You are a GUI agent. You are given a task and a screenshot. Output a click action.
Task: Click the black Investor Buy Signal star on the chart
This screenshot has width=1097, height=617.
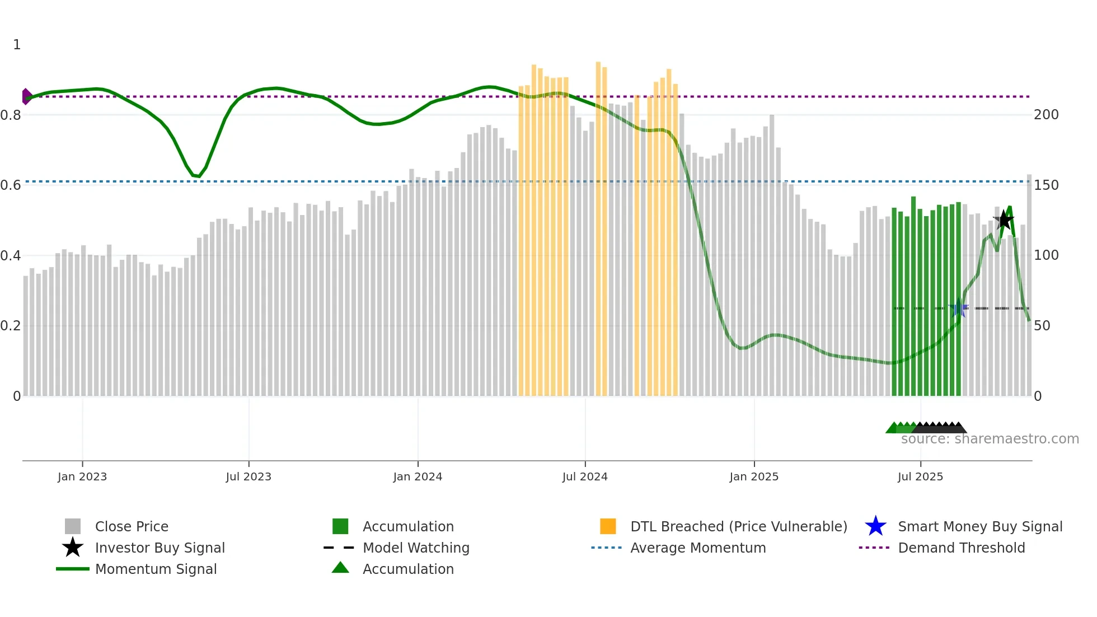coord(1004,220)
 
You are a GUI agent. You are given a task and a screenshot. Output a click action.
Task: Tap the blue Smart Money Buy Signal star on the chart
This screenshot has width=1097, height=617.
coord(959,308)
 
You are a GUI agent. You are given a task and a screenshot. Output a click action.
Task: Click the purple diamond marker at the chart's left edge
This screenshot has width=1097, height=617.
coord(26,96)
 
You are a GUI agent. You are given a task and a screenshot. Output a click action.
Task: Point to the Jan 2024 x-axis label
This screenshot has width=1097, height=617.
coord(418,476)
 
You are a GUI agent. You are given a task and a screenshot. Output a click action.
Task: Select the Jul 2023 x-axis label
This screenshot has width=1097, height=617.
coord(249,476)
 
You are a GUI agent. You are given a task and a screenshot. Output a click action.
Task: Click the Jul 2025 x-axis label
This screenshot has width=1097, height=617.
coord(920,476)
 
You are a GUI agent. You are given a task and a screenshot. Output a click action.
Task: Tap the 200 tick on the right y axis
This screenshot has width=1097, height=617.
coord(1046,115)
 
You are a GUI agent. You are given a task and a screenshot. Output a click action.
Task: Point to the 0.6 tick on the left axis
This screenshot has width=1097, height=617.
coord(11,185)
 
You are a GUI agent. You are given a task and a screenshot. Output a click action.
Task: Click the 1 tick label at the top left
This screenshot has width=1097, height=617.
coord(17,45)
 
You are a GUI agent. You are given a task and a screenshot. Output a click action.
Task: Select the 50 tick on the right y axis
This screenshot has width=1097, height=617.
coord(1042,326)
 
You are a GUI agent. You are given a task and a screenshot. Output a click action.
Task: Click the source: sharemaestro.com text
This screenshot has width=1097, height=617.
coord(990,439)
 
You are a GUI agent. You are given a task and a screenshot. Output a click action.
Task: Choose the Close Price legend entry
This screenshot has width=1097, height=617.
coord(132,526)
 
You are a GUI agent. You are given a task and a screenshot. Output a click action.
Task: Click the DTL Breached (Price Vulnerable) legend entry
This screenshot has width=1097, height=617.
coord(738,526)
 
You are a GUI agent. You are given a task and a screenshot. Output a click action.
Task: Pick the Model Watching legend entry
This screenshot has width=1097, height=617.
coord(416,548)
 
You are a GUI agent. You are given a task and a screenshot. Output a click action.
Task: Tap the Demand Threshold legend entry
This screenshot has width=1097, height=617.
coord(961,548)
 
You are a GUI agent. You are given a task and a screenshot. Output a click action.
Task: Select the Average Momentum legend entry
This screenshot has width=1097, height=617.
coord(698,548)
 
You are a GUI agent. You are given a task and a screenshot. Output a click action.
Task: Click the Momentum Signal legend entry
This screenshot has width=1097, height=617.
coord(156,569)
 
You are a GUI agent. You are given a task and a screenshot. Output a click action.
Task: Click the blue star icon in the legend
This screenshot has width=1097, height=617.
coord(875,526)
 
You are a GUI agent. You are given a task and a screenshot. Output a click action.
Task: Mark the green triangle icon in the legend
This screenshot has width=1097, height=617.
coord(340,568)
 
